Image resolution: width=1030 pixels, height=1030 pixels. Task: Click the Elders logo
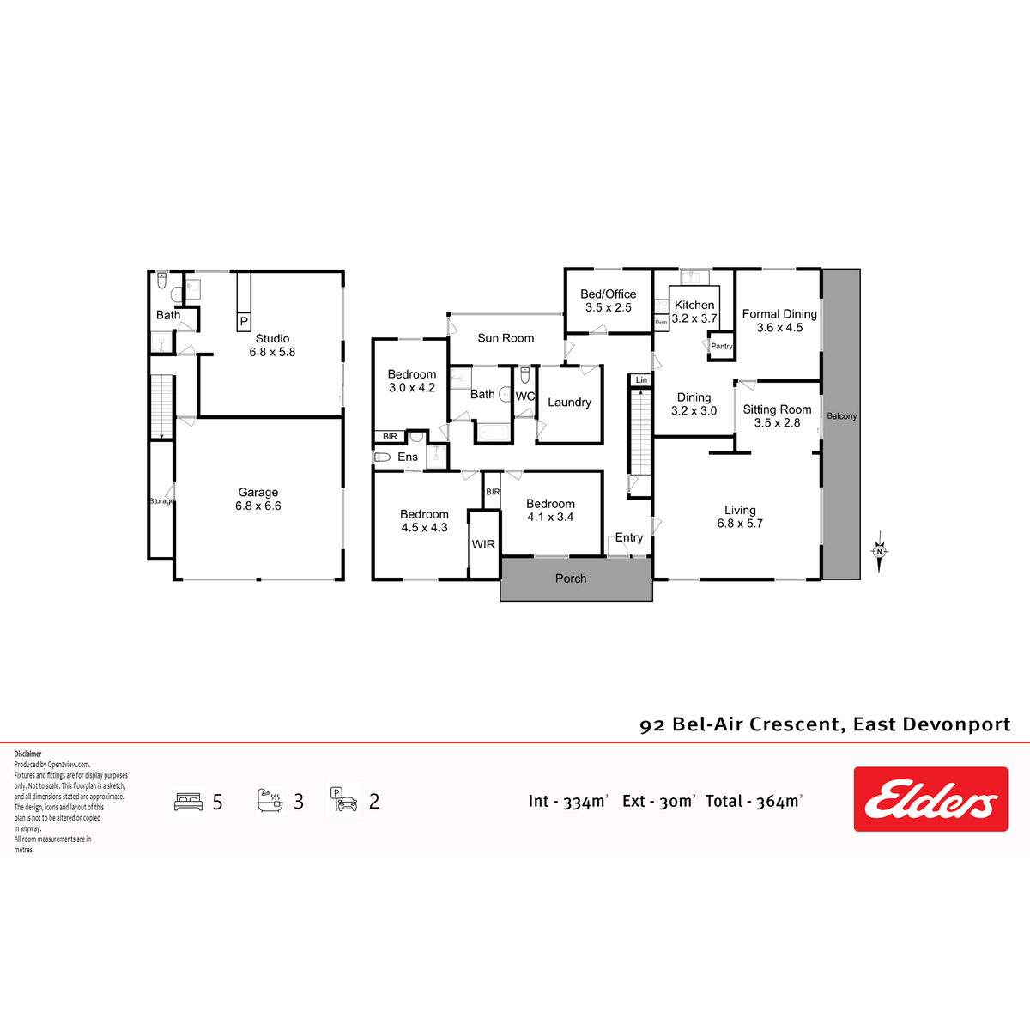(x=930, y=798)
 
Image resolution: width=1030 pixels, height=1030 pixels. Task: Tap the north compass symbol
(x=879, y=552)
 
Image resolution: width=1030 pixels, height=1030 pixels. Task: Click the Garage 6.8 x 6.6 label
(x=258, y=499)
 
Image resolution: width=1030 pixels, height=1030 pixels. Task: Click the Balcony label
(x=841, y=415)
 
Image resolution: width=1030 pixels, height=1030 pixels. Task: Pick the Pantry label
(x=721, y=347)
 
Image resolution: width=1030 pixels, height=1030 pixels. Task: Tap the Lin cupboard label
(x=641, y=379)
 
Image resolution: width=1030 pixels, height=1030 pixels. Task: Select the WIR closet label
(x=483, y=544)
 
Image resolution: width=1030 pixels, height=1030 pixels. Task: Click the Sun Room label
(x=506, y=338)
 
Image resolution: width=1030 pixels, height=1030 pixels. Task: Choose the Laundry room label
(x=569, y=402)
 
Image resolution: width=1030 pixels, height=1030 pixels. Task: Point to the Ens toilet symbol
(x=382, y=457)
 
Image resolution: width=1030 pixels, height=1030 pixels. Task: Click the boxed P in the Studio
(x=244, y=322)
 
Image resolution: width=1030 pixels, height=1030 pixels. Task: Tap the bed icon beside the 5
(x=189, y=802)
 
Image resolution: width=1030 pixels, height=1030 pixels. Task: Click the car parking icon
(x=343, y=800)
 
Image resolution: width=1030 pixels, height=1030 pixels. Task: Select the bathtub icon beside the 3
(x=270, y=800)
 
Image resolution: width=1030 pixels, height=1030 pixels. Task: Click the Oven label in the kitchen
(x=661, y=322)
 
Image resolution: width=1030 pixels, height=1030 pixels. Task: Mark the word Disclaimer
(x=27, y=754)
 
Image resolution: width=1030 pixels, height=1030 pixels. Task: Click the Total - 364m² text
(x=754, y=801)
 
